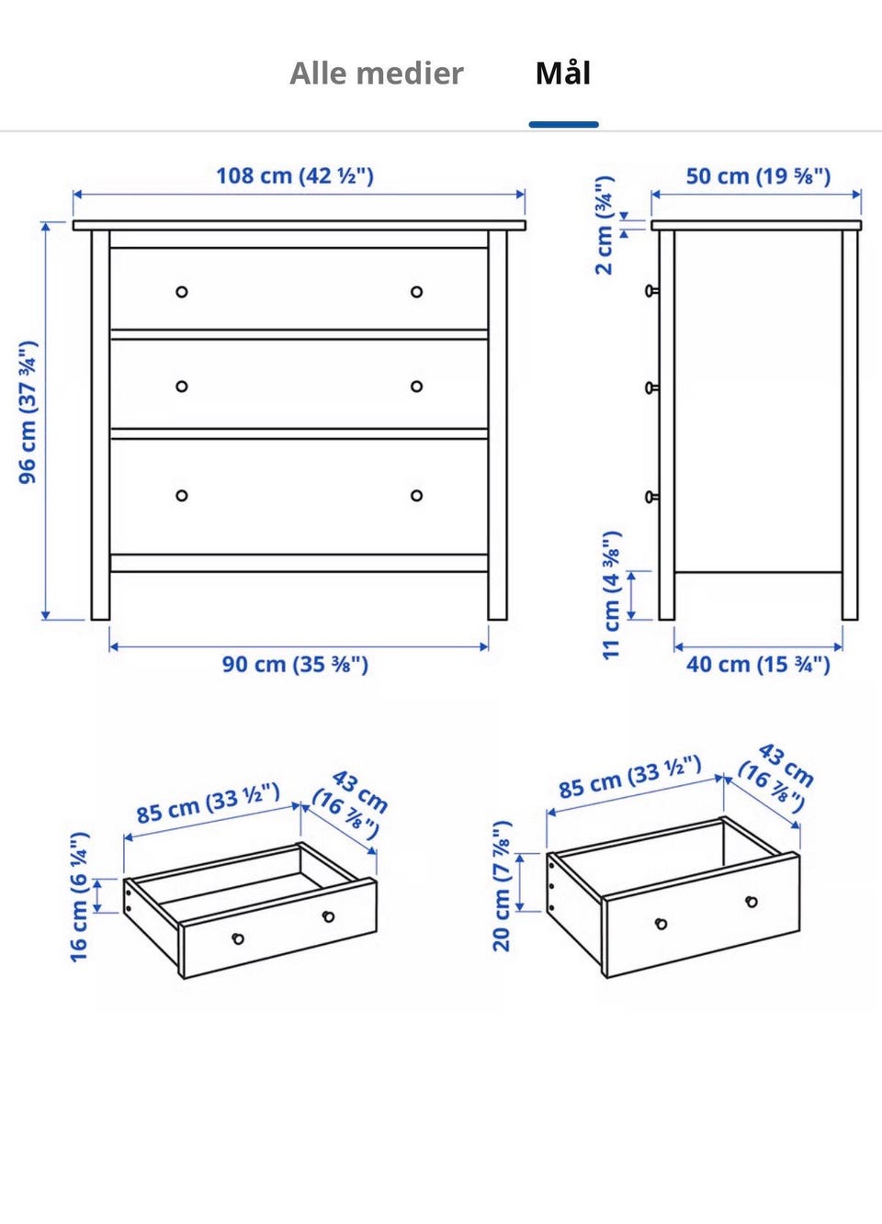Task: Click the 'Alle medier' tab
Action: pyautogui.click(x=376, y=73)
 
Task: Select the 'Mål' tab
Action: pyautogui.click(x=563, y=73)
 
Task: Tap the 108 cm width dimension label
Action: pyautogui.click(x=295, y=176)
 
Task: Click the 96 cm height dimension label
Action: pyautogui.click(x=28, y=412)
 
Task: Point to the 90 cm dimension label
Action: pyautogui.click(x=295, y=665)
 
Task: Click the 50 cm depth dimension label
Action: pyautogui.click(x=758, y=176)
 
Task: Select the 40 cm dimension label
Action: pyautogui.click(x=758, y=665)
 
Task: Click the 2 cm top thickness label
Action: pyautogui.click(x=605, y=225)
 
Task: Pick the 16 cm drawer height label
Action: pyautogui.click(x=79, y=897)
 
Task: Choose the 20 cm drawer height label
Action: pyautogui.click(x=502, y=886)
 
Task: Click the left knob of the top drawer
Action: pyautogui.click(x=182, y=292)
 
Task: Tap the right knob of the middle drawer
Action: pyautogui.click(x=417, y=387)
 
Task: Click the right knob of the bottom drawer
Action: pyautogui.click(x=417, y=496)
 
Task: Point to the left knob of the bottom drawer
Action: pyautogui.click(x=182, y=496)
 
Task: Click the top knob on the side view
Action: pyautogui.click(x=651, y=290)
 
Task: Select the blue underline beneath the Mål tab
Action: pyautogui.click(x=564, y=125)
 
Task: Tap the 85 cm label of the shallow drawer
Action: pyautogui.click(x=209, y=803)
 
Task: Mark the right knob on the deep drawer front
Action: pyautogui.click(x=752, y=901)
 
